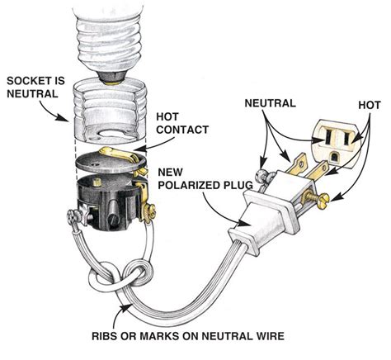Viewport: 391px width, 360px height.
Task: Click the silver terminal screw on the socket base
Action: [77, 217]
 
